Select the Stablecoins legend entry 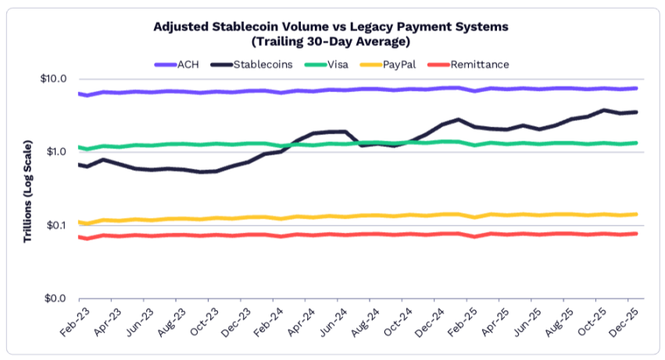[x=254, y=64]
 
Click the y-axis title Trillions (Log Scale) [x=27, y=191]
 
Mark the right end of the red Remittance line [x=637, y=233]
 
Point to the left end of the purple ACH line [x=78, y=94]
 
